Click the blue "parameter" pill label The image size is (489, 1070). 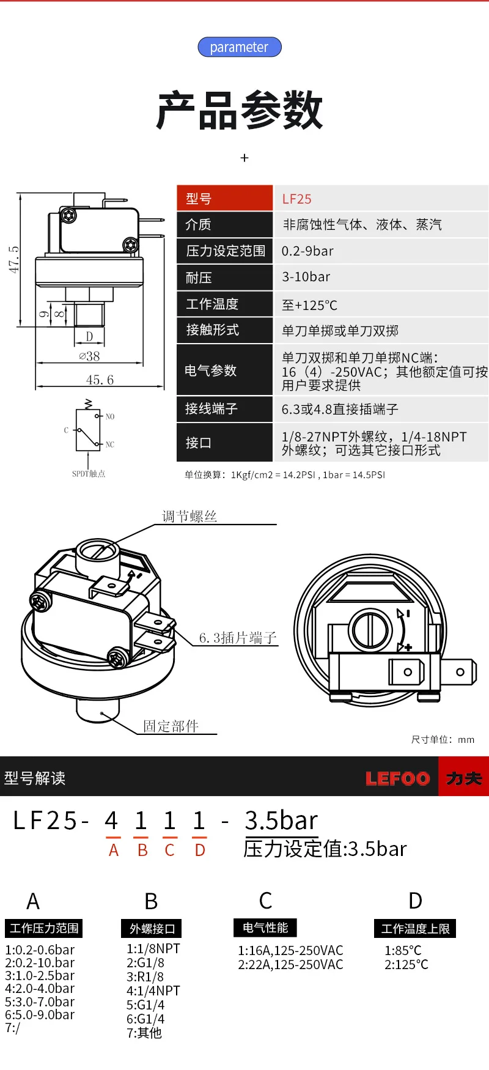tap(239, 47)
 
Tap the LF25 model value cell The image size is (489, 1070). tap(297, 199)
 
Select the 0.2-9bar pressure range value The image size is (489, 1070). tap(307, 251)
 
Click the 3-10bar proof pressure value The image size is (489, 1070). tap(306, 277)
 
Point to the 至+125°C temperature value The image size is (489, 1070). tap(309, 304)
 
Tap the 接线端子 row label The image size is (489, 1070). tap(211, 408)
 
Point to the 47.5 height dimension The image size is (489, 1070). tap(13, 259)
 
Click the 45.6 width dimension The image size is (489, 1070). tap(100, 380)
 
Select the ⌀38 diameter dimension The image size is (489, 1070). tap(89, 356)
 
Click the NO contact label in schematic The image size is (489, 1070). tap(110, 416)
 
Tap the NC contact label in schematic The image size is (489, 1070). tap(110, 445)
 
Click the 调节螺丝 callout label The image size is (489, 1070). tap(189, 516)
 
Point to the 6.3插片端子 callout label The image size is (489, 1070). tap(238, 638)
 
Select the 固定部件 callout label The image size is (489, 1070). tap(171, 726)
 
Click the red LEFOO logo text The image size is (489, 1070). tap(397, 778)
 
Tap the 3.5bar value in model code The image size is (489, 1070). tap(281, 821)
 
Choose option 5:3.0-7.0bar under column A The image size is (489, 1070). tap(40, 1002)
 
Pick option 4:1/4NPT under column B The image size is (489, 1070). tap(153, 991)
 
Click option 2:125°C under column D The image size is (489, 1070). tap(406, 964)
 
